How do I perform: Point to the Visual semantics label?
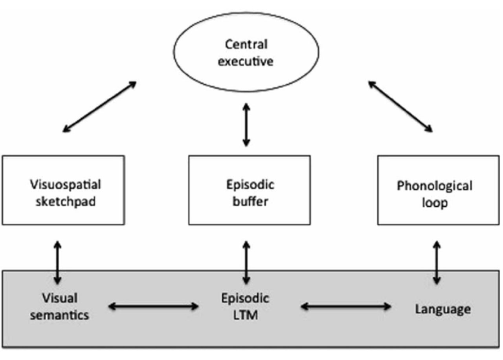60,307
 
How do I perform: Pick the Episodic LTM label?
246,307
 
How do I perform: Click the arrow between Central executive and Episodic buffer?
246,125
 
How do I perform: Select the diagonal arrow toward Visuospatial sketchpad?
99,107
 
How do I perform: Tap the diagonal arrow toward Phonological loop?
400,107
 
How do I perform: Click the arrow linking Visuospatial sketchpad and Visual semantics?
57,263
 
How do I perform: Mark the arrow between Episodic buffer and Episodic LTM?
246,263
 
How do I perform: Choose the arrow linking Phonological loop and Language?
437,263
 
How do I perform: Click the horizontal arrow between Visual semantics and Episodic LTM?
154,306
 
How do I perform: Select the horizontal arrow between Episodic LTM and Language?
346,306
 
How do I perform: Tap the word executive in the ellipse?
246,61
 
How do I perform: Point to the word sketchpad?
66,202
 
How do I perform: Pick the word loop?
435,203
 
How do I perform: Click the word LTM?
246,315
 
